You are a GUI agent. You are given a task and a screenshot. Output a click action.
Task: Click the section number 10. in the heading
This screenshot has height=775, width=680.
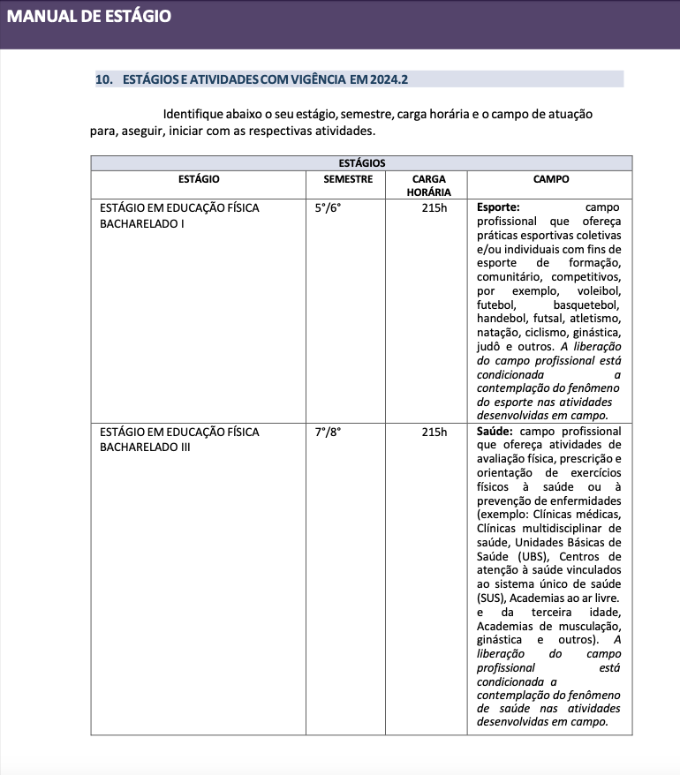[104, 79]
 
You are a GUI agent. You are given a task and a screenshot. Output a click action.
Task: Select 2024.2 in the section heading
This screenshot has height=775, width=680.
[389, 79]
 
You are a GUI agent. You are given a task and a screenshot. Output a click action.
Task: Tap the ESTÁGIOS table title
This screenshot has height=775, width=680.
[361, 163]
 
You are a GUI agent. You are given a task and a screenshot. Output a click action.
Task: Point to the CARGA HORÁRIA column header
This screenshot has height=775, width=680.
[428, 185]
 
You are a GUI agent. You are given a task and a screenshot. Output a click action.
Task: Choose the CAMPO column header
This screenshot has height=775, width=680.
[550, 179]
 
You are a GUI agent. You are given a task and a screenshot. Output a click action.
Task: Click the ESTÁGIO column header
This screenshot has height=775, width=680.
[199, 179]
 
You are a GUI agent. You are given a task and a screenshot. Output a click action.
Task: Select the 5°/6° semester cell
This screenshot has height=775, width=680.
[328, 208]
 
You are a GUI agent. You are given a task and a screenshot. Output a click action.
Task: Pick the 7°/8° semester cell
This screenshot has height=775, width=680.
[328, 433]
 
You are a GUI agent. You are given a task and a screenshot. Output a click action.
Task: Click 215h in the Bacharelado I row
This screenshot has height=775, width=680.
[434, 208]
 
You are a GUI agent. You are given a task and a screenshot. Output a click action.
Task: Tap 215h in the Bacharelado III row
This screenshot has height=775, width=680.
[434, 433]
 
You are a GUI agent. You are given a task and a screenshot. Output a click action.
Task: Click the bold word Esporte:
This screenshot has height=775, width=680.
[498, 208]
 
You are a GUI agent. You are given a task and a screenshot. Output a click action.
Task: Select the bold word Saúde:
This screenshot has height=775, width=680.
[495, 433]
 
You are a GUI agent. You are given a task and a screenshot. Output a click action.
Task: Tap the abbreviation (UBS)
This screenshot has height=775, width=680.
[532, 557]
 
